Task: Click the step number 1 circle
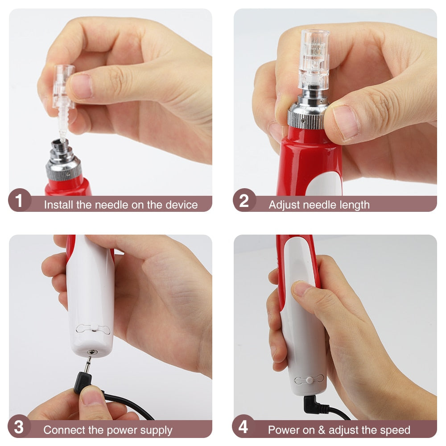click(19, 201)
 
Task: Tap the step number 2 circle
click(244, 201)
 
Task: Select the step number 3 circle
click(19, 427)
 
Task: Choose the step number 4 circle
click(243, 427)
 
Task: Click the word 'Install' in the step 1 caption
click(59, 205)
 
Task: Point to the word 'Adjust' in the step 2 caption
click(284, 205)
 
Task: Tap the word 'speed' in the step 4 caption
click(395, 430)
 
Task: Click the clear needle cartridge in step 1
click(63, 89)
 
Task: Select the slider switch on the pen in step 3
click(93, 329)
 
